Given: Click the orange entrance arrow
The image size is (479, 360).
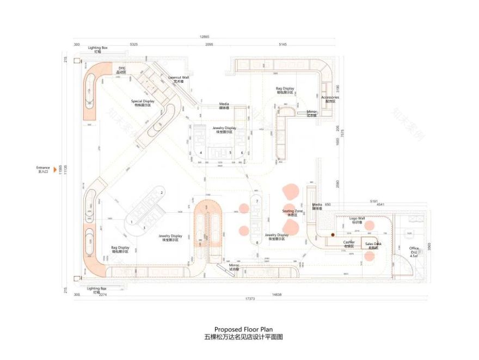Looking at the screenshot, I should [x=54, y=169].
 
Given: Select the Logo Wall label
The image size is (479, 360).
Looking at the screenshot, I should [x=357, y=219].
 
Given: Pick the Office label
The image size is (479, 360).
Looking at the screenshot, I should [x=414, y=250].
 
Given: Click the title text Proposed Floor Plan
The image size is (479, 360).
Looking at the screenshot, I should [x=243, y=330].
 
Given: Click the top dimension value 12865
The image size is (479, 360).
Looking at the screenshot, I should [x=205, y=37].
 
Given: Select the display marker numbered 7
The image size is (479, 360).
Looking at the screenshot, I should [x=257, y=202].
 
